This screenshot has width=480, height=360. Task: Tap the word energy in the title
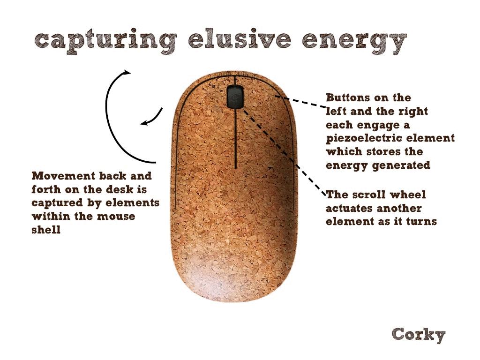[354, 42]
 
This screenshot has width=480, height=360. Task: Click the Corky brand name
[419, 335]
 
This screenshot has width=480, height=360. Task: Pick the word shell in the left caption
[46, 230]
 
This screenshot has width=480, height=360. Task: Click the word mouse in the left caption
[116, 217]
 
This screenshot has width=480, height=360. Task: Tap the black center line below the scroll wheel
[235, 138]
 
